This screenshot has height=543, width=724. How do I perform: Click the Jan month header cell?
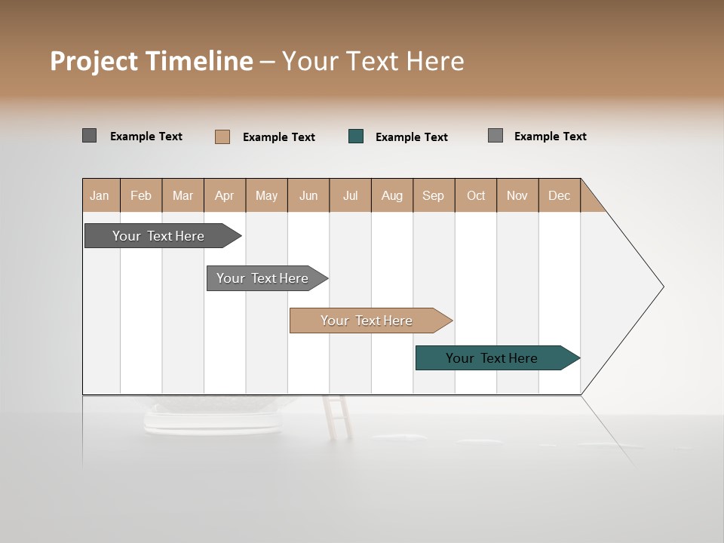pyautogui.click(x=100, y=195)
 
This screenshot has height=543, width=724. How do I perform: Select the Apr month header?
pyautogui.click(x=225, y=195)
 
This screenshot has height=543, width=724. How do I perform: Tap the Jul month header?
pyautogui.click(x=350, y=195)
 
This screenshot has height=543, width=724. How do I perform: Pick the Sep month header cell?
pyautogui.click(x=434, y=195)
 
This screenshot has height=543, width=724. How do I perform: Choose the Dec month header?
pyautogui.click(x=559, y=195)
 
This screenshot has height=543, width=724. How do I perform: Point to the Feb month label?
pyautogui.click(x=141, y=195)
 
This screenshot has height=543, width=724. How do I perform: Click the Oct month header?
pyautogui.click(x=476, y=195)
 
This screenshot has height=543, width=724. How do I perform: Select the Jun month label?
pyautogui.click(x=308, y=195)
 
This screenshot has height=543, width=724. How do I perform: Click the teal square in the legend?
pyautogui.click(x=356, y=137)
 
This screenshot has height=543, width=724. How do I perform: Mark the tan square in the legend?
pyautogui.click(x=222, y=137)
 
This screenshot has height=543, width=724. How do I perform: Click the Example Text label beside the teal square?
pyautogui.click(x=412, y=137)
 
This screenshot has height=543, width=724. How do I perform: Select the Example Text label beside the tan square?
pyautogui.click(x=279, y=137)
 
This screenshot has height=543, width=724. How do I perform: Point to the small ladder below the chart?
pyautogui.click(x=337, y=417)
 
